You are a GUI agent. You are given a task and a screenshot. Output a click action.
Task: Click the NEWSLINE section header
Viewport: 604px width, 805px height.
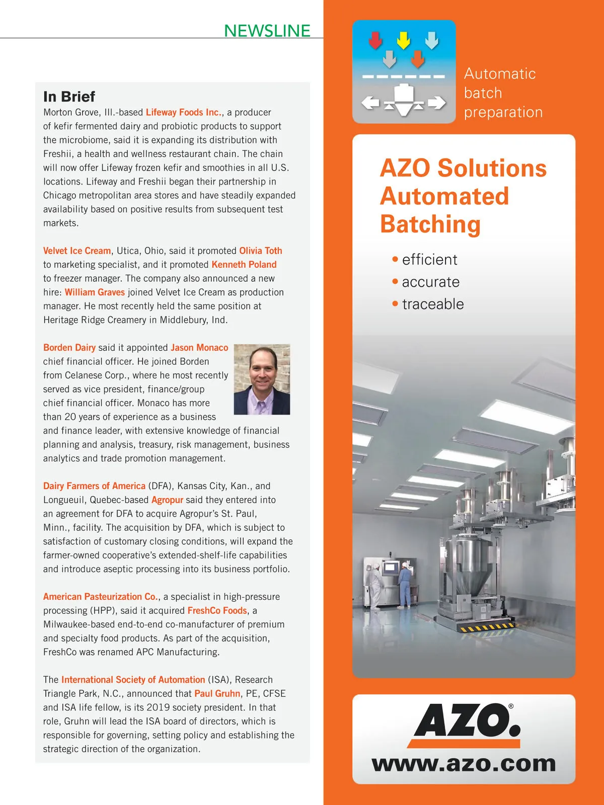tap(267, 31)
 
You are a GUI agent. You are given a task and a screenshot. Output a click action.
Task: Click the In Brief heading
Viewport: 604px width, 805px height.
tap(69, 96)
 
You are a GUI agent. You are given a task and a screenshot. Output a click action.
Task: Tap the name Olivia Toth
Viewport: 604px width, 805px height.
tap(260, 251)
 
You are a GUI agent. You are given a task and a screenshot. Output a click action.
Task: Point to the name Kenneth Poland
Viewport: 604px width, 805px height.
tap(244, 265)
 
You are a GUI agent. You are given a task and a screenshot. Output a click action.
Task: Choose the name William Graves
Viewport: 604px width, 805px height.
tap(95, 292)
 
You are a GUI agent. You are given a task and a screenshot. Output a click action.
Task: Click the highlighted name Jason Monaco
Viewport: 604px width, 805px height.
tap(199, 348)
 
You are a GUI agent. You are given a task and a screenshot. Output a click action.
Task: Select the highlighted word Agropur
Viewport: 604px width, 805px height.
tap(167, 500)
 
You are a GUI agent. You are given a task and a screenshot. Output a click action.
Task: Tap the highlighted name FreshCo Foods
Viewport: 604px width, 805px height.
tap(217, 611)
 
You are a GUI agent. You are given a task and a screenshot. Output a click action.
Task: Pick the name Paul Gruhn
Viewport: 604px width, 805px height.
tap(217, 694)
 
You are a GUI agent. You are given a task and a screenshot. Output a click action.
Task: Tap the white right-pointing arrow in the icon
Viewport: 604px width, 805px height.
tap(436, 103)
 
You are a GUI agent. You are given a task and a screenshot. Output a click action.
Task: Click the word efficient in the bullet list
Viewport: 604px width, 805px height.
tap(429, 260)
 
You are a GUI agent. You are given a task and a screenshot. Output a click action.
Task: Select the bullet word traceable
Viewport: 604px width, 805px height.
tap(433, 304)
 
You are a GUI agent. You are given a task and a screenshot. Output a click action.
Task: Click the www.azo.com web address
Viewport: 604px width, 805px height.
tap(464, 764)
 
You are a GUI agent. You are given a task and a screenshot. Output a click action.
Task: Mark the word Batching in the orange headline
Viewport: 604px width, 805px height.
tap(430, 224)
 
